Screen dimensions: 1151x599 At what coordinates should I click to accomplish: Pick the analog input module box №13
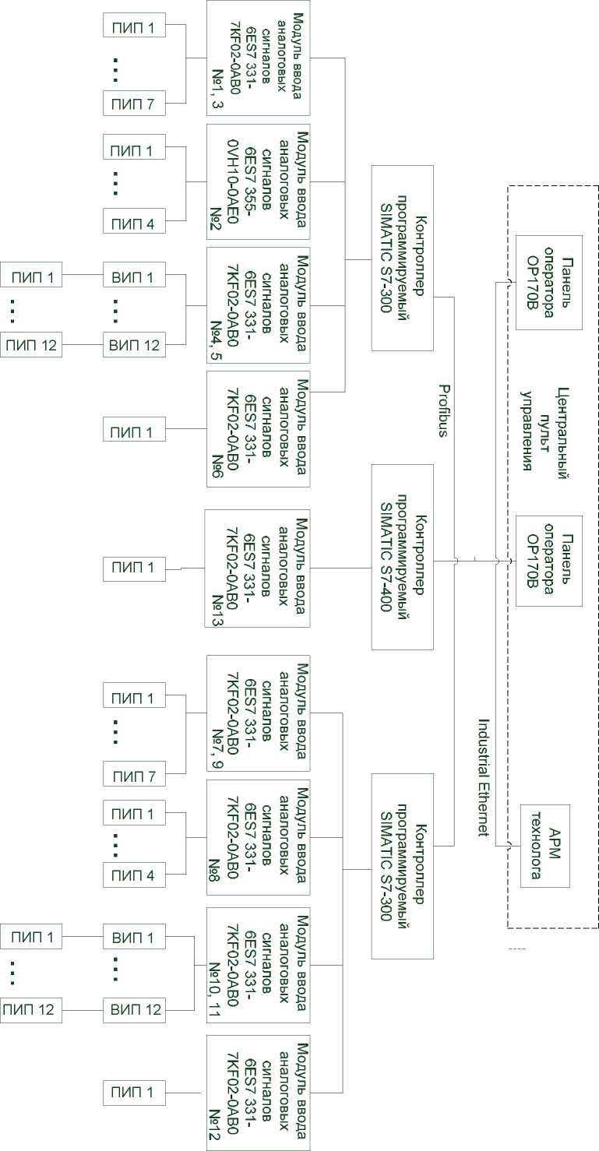257,568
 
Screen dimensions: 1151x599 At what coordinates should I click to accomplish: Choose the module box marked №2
258,181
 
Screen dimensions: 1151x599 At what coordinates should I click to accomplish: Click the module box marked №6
258,429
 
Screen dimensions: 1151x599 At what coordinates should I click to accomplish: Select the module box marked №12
258,1093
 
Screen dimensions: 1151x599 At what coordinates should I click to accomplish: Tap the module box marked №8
258,837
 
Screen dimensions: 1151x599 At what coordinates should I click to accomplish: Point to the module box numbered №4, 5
258,305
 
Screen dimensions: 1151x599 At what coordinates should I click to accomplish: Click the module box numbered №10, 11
258,965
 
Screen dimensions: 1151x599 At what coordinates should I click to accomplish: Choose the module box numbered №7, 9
258,713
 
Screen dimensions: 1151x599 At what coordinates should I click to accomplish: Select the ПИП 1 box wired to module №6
134,431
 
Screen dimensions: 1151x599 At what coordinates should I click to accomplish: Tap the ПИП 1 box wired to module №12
134,1093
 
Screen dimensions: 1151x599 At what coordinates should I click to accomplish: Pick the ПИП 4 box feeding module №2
134,224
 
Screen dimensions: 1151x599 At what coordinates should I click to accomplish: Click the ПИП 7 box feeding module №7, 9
134,776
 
